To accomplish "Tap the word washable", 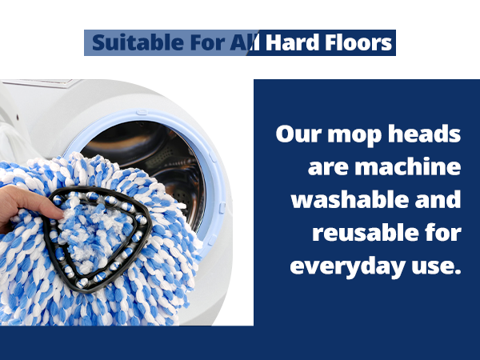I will click(352, 200).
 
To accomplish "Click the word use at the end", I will click(438, 267).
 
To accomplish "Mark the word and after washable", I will click(438, 200).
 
